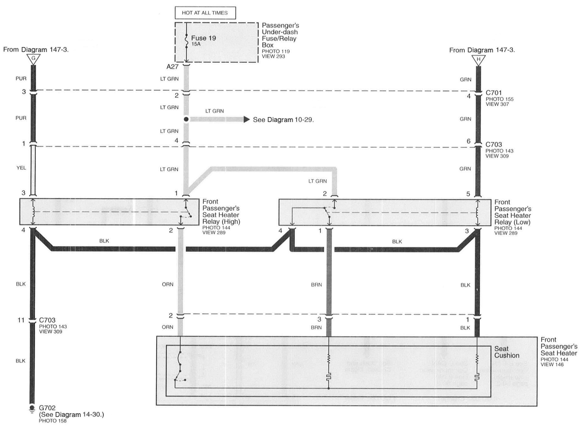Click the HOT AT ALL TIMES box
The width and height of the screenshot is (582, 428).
(x=205, y=13)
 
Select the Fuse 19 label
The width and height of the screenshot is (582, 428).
(x=203, y=38)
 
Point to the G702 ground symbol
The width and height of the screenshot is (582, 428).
(x=32, y=409)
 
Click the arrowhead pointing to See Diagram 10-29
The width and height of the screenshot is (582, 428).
(x=246, y=120)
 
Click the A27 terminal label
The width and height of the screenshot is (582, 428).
(x=172, y=67)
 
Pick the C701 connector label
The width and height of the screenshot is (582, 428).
(x=493, y=93)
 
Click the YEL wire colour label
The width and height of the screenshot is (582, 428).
(x=21, y=168)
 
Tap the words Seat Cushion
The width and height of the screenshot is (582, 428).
(x=507, y=352)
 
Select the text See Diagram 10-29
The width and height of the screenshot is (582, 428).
(x=283, y=120)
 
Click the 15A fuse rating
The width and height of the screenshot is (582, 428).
(x=196, y=44)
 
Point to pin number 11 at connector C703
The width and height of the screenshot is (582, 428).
(x=21, y=320)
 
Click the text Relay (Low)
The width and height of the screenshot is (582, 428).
(x=512, y=222)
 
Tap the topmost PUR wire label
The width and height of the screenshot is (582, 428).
(x=21, y=78)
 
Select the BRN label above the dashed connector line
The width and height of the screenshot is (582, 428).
(x=316, y=285)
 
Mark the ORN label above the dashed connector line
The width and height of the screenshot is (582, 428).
(x=167, y=285)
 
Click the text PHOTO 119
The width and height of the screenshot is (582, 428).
(x=275, y=51)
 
